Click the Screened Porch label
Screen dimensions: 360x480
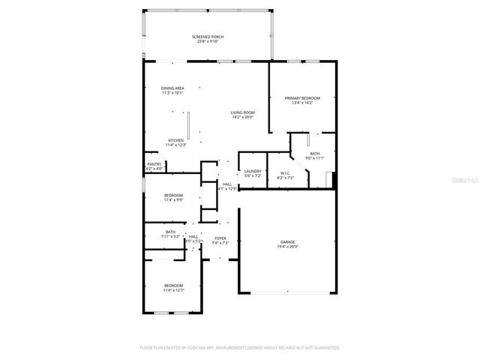[x=208, y=36]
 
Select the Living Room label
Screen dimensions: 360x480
[x=242, y=112]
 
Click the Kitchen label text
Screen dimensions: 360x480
[x=175, y=140]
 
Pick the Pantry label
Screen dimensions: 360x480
[x=154, y=164]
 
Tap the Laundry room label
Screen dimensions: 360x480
[x=253, y=171]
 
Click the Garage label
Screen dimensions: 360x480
[x=288, y=241]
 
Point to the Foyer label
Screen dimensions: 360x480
[x=220, y=238]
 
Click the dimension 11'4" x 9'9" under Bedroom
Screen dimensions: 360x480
[x=173, y=199]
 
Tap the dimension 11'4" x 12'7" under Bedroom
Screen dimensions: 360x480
[x=173, y=290]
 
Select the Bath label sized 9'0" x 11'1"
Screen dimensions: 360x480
[x=314, y=153]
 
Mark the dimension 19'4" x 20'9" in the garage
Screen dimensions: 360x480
[x=288, y=247]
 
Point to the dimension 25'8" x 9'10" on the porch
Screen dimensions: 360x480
[x=208, y=41]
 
